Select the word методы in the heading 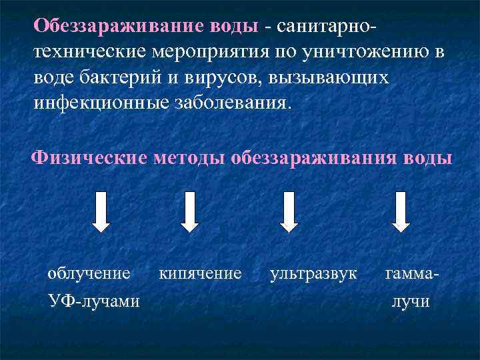pos(187,159)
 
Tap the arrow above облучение pos(101,211)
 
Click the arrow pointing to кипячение pos(189,211)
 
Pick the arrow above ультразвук pos(289,211)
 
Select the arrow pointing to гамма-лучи pos(400,211)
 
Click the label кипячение pos(200,273)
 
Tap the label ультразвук pos(313,273)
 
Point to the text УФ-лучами pos(94,301)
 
